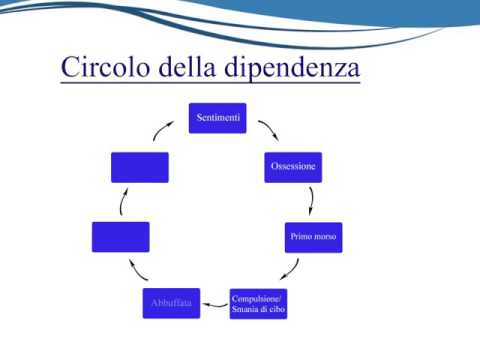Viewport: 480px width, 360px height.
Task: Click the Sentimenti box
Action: pos(217,118)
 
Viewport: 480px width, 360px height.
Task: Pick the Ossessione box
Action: pos(293,167)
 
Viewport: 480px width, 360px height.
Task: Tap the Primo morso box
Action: pos(313,237)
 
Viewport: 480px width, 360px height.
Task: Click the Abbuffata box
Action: pos(171,302)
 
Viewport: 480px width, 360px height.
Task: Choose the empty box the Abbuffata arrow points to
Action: pos(120,237)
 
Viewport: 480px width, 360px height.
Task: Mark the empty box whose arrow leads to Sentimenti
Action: pos(140,167)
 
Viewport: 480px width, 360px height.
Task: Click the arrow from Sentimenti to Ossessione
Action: pos(267,131)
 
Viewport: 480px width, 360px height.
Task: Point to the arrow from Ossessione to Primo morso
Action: pos(312,200)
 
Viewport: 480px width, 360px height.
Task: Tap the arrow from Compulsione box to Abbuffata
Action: pos(215,302)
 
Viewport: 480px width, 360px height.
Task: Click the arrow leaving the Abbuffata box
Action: pos(140,271)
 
